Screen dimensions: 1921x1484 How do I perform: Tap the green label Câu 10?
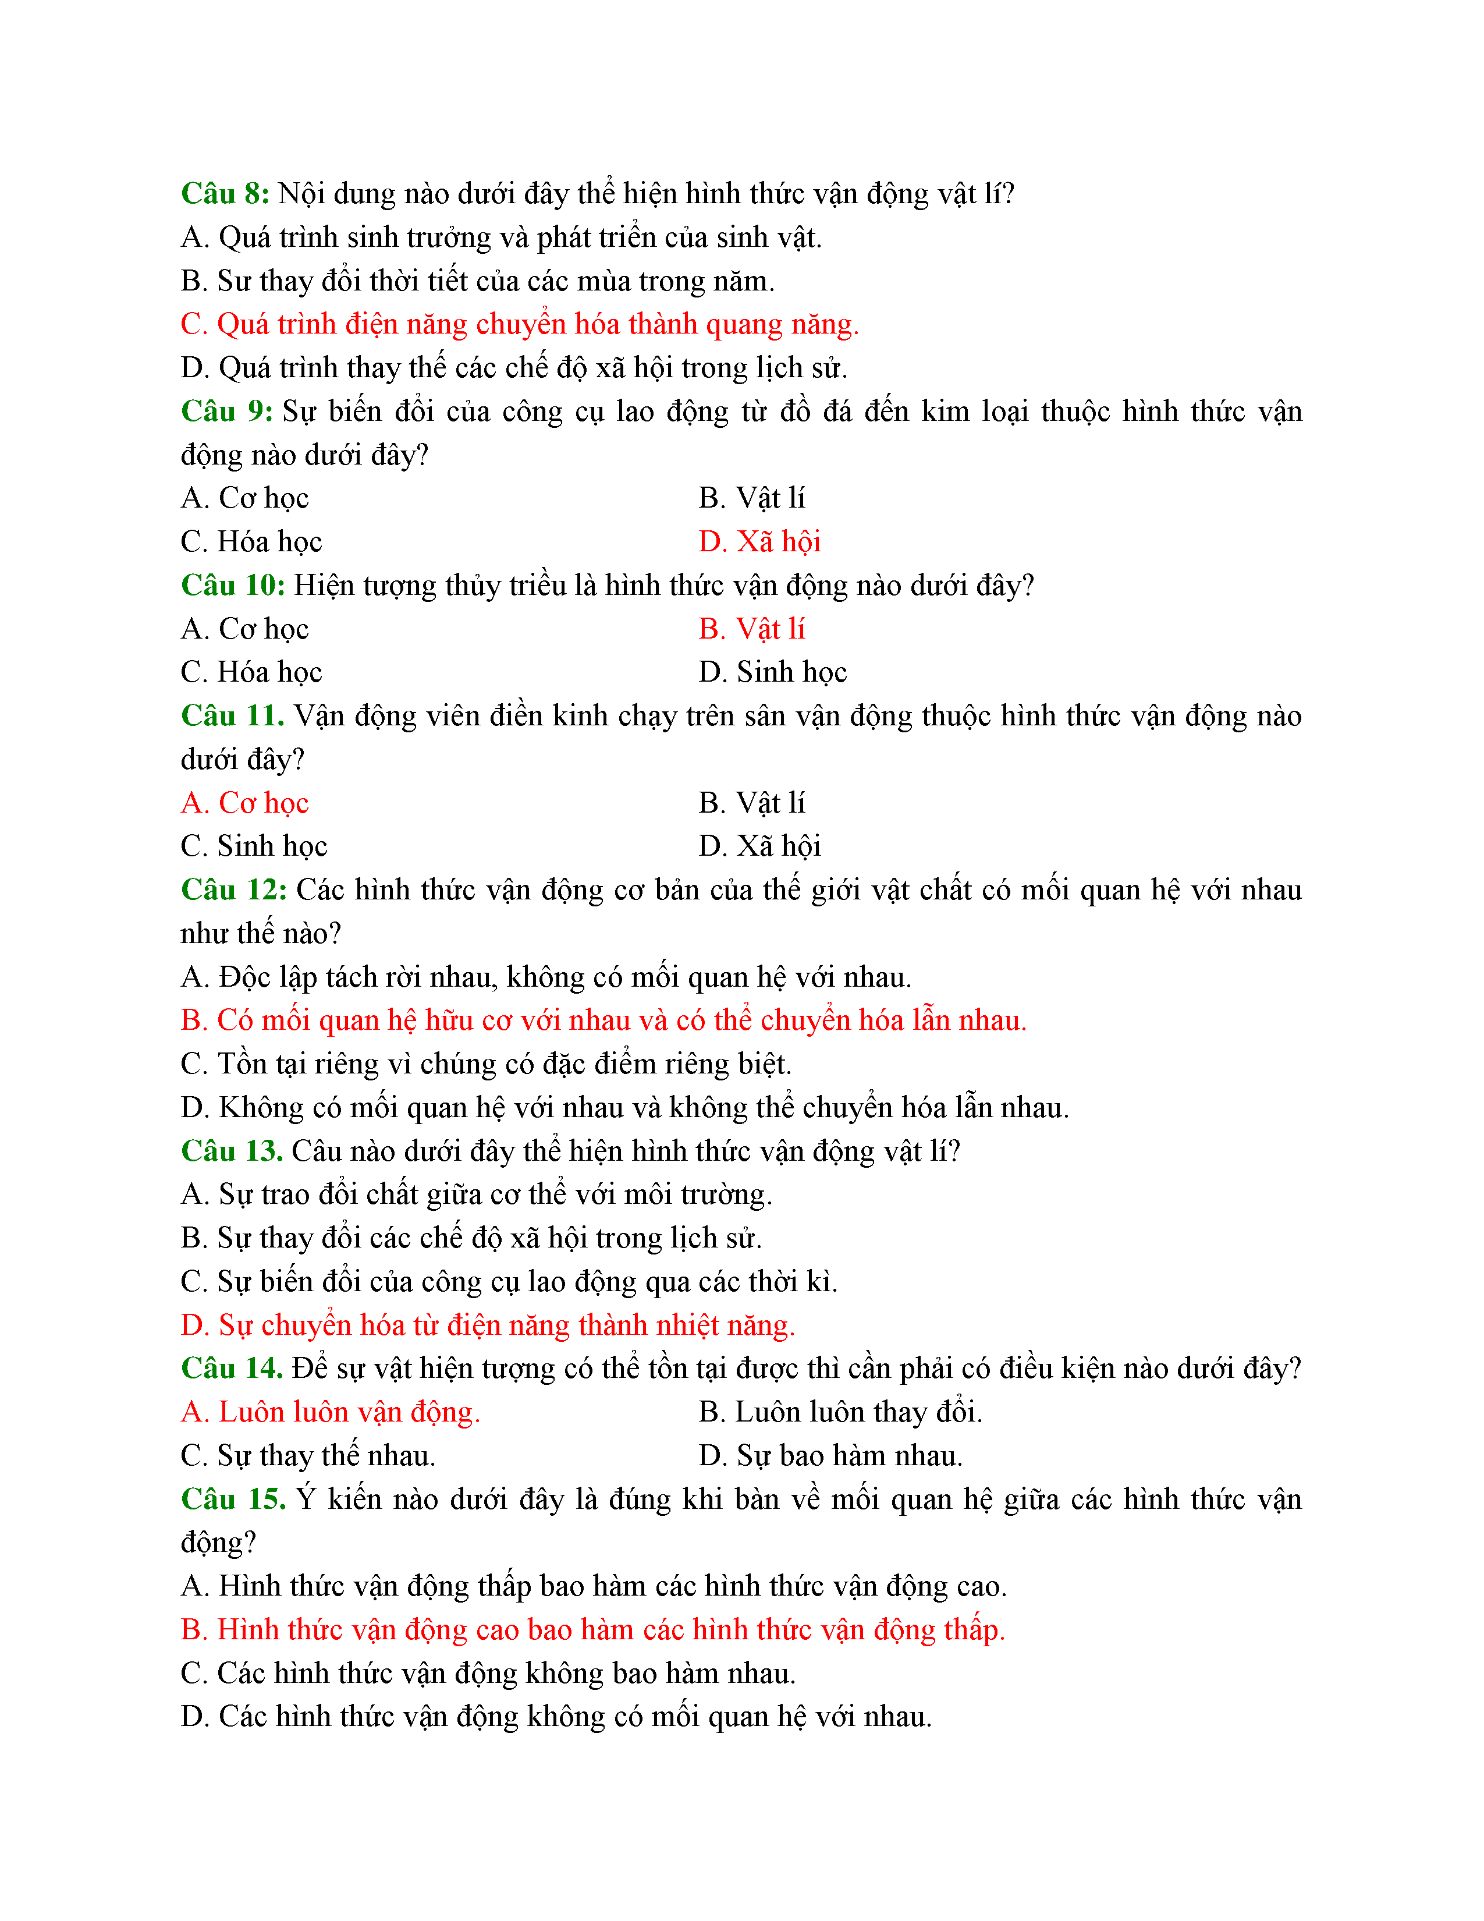233,585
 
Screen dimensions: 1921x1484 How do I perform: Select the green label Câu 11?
232,715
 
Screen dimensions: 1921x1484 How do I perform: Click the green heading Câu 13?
231,1150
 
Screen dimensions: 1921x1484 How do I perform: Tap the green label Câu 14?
231,1368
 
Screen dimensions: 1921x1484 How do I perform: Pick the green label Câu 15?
233,1499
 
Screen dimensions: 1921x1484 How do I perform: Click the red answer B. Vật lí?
752,629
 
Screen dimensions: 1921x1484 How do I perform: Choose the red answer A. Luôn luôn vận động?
331,1412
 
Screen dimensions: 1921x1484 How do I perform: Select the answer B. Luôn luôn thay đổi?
840,1412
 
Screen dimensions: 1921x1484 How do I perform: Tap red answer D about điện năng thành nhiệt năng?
488,1325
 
